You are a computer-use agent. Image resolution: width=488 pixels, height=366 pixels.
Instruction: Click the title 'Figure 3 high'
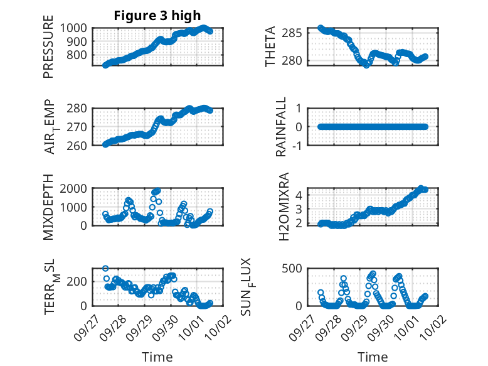[x=157, y=16]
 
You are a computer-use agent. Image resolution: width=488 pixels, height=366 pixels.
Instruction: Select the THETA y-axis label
[x=271, y=47]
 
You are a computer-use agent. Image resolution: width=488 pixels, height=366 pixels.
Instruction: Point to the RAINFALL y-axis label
[x=282, y=127]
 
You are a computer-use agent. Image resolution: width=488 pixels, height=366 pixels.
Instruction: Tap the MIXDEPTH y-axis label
[x=49, y=208]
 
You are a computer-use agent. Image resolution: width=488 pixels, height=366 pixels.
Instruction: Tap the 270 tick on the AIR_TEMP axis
[x=80, y=127]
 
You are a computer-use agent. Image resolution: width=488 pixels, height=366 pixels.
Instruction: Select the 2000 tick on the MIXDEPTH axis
[x=76, y=188]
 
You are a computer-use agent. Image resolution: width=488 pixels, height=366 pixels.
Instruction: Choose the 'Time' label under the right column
[x=373, y=357]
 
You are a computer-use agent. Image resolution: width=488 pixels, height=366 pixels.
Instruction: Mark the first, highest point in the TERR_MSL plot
[x=105, y=269]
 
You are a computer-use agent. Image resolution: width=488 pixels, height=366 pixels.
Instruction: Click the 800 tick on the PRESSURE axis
[x=80, y=55]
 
